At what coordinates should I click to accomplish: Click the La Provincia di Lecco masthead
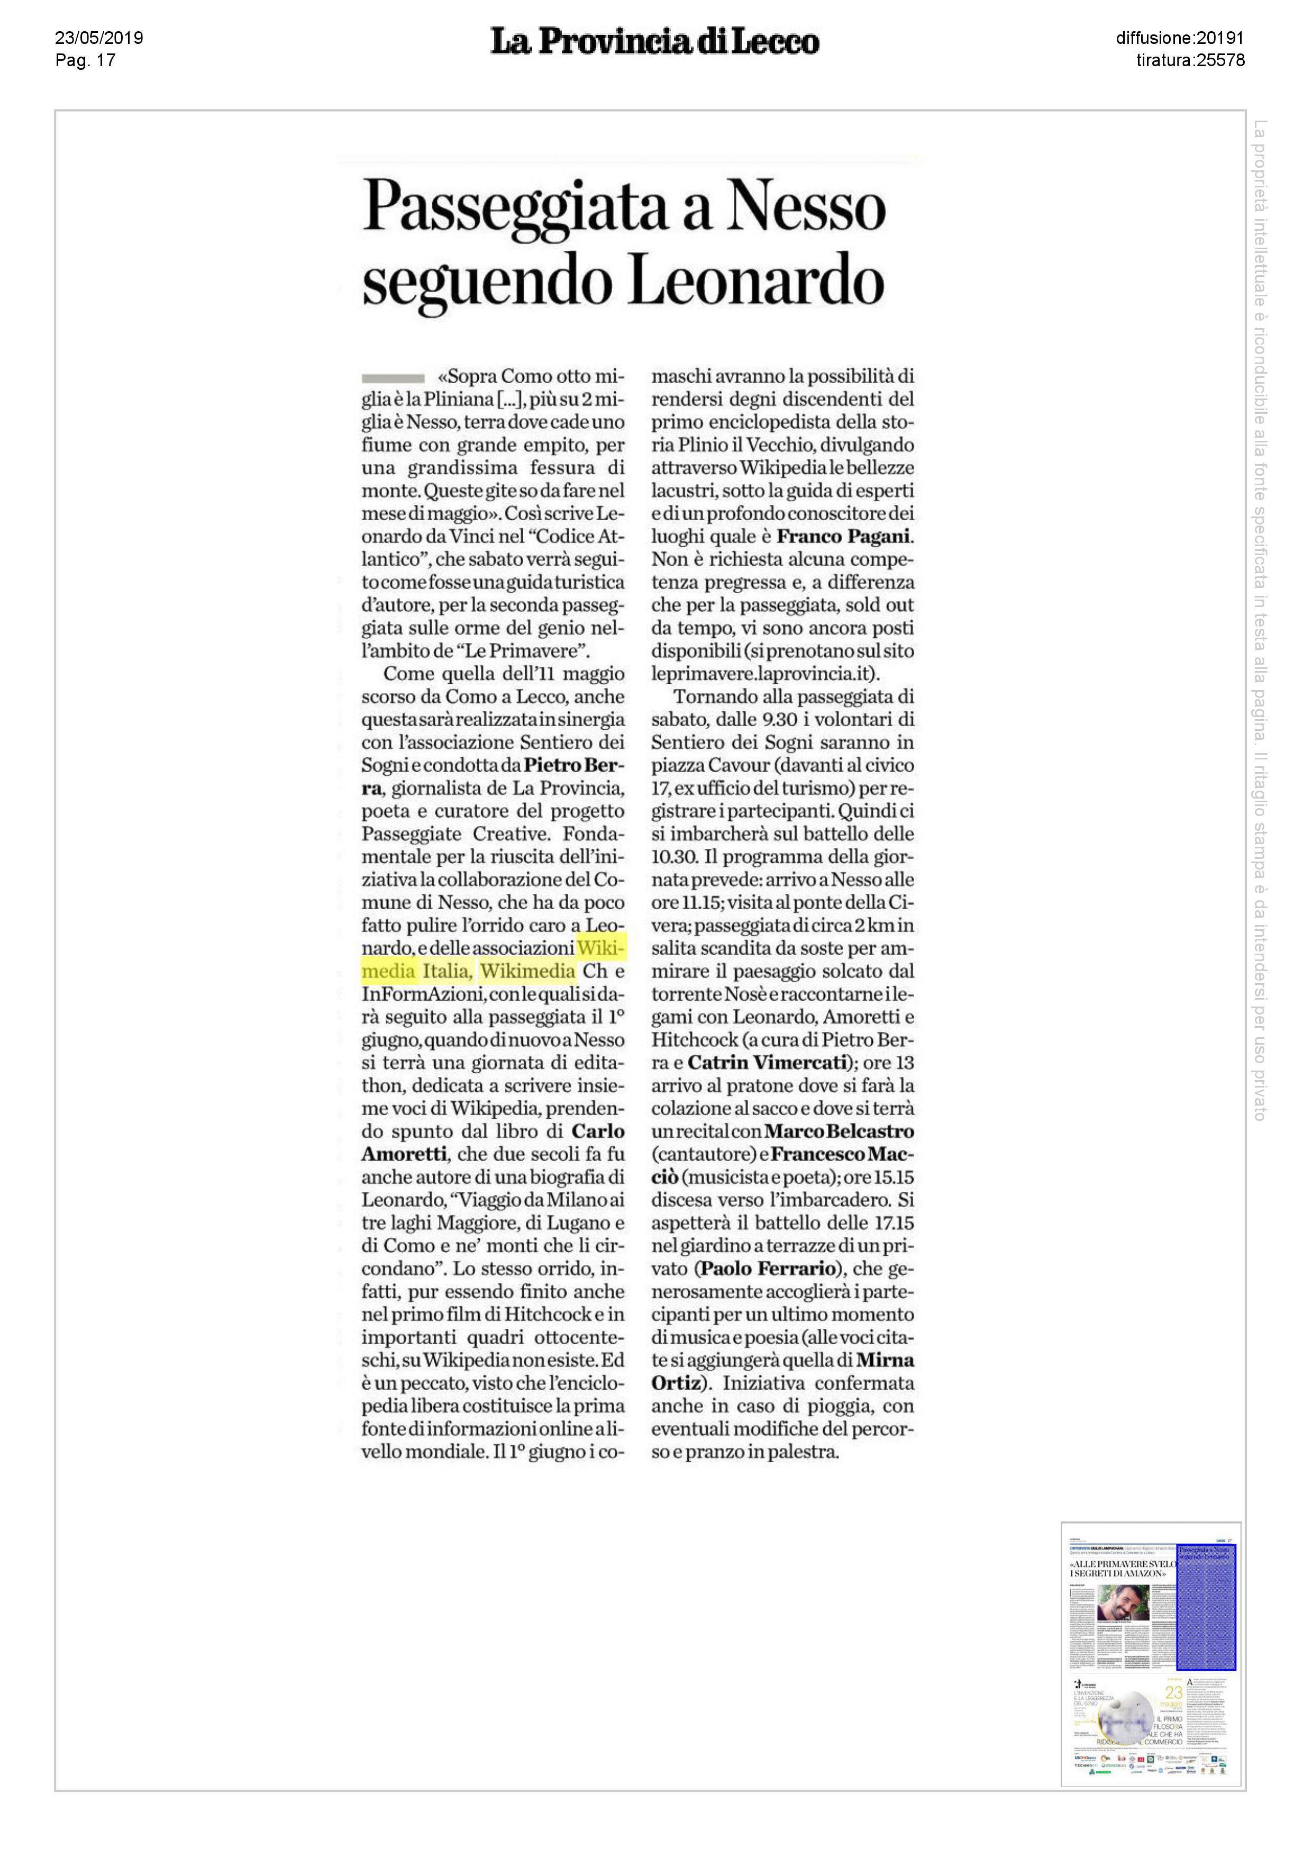655,42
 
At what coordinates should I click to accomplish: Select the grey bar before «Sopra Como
393,378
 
